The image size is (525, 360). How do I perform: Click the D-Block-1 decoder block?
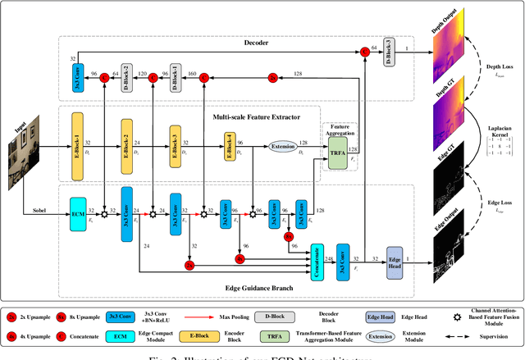[x=176, y=75]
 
